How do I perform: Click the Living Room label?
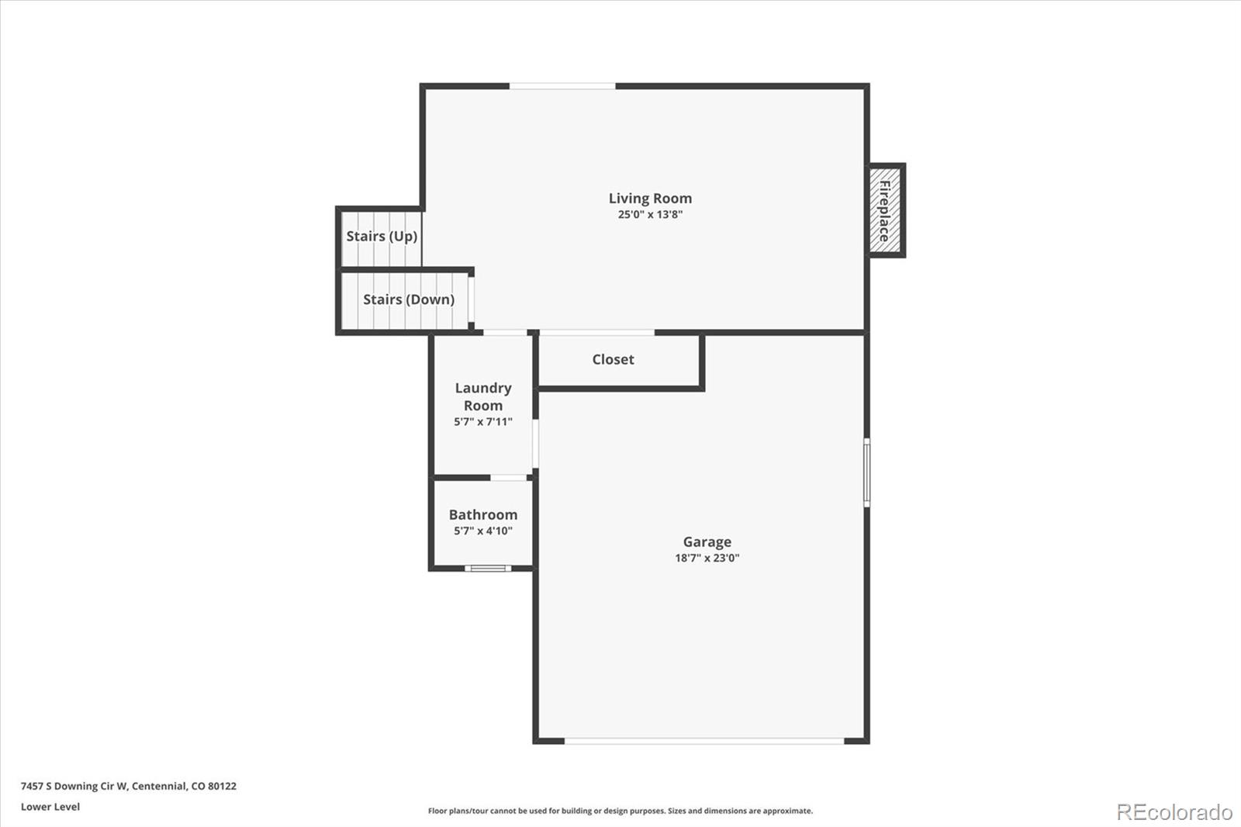point(650,199)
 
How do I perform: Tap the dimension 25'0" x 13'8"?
point(650,215)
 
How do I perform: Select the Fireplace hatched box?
point(884,210)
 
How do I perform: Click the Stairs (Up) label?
point(382,236)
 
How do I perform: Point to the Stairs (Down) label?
point(409,299)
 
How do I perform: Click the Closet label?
point(613,359)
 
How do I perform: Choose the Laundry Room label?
point(483,396)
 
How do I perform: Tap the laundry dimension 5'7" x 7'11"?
point(483,422)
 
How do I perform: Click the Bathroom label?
point(483,514)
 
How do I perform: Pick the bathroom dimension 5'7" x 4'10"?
point(483,531)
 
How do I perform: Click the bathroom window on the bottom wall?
point(488,569)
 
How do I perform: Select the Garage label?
point(707,542)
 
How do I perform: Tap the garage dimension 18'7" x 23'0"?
point(707,558)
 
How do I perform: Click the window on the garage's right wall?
point(866,472)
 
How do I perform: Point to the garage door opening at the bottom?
point(703,742)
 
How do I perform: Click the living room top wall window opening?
point(562,86)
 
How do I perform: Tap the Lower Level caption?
point(50,807)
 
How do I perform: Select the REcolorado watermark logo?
point(1174,811)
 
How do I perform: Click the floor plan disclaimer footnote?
point(620,811)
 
